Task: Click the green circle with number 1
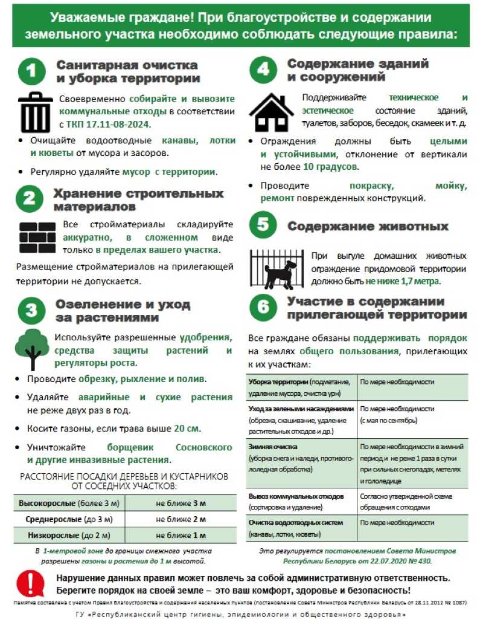31,72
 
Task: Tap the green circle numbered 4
263,71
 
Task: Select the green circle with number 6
263,307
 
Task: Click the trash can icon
36,112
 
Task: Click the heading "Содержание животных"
368,227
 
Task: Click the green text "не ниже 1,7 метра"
403,281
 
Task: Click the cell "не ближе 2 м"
181,519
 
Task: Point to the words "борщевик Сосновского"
170,448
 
